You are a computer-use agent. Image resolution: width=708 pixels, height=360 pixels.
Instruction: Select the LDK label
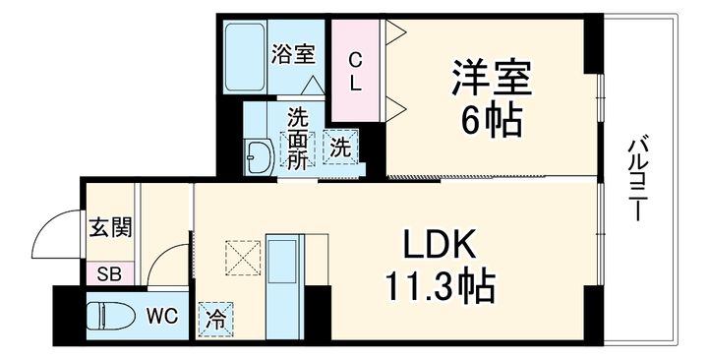click(x=440, y=245)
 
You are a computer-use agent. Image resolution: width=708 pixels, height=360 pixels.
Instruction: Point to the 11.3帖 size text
click(x=440, y=287)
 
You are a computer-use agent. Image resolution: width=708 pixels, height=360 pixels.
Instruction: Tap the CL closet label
click(x=356, y=72)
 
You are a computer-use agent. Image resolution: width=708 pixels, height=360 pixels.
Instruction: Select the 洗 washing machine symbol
click(x=339, y=148)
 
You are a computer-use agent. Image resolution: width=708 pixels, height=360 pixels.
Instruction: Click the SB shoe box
click(x=107, y=271)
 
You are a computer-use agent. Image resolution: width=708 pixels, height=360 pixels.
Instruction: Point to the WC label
click(x=162, y=316)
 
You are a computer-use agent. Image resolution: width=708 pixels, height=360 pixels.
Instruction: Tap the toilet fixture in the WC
click(x=108, y=317)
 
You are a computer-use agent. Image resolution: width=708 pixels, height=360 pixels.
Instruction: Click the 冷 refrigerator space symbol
click(x=214, y=318)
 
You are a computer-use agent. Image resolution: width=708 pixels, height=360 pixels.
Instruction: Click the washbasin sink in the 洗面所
click(x=261, y=155)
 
